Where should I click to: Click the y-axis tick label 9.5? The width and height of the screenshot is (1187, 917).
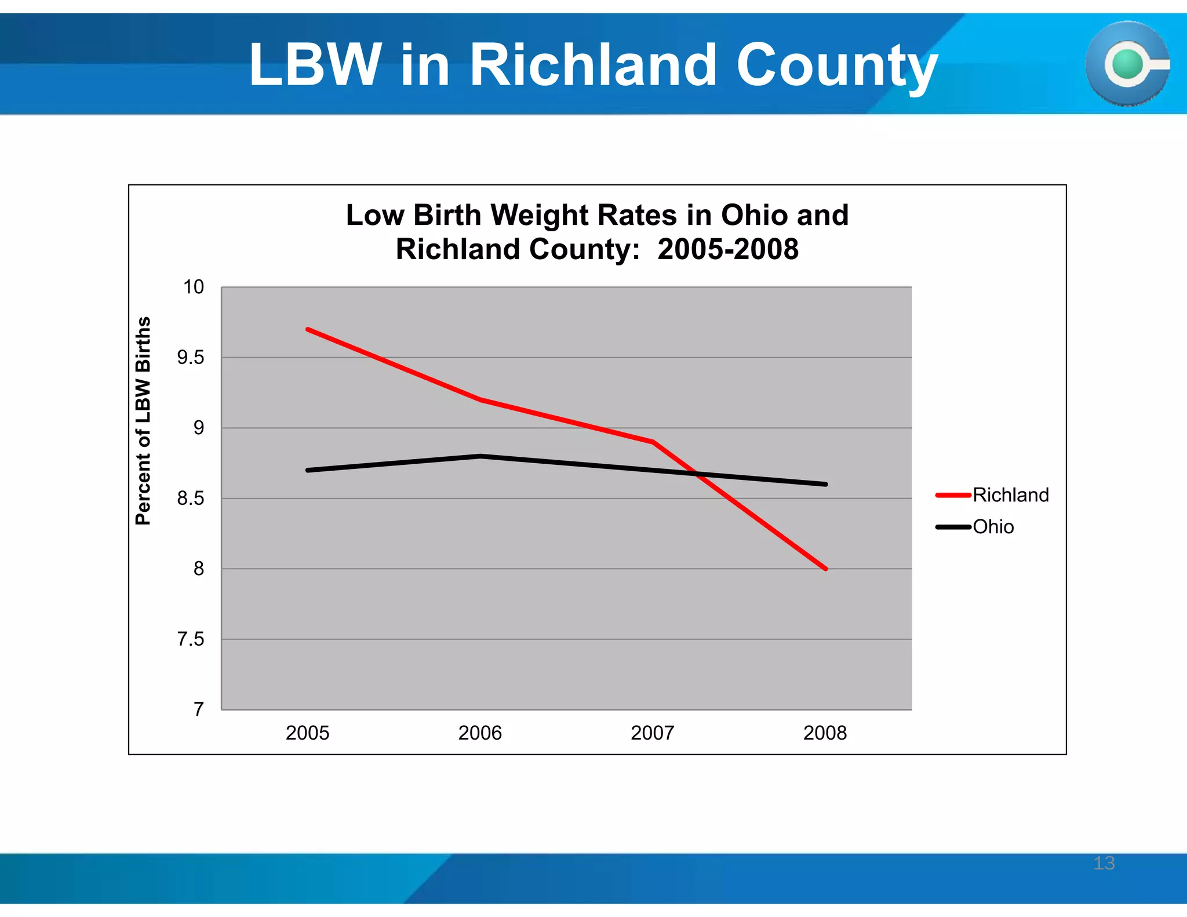click(x=191, y=358)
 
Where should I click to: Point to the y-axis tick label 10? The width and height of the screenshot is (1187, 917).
click(x=194, y=287)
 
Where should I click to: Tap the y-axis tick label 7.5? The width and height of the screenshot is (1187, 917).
click(x=191, y=639)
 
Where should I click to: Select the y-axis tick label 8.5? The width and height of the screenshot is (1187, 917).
click(x=191, y=498)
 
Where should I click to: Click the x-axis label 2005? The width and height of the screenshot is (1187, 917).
click(x=307, y=733)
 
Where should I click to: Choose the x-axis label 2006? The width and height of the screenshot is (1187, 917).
click(x=480, y=733)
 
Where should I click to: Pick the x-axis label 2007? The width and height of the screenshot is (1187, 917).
click(x=653, y=733)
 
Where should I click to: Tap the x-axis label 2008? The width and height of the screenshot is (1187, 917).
click(x=825, y=733)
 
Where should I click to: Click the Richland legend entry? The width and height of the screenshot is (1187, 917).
click(x=1010, y=495)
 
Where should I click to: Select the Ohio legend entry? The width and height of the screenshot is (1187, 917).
click(x=992, y=527)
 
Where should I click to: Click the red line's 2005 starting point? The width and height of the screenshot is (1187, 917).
click(x=308, y=329)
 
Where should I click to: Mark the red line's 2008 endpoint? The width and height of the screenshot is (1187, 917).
click(x=825, y=569)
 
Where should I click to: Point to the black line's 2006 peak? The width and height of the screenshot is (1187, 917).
click(x=480, y=456)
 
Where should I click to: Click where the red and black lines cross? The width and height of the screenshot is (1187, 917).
click(x=697, y=474)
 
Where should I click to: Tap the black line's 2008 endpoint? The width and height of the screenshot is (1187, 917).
click(x=825, y=484)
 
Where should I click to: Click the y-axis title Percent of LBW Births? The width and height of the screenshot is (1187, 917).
click(x=143, y=421)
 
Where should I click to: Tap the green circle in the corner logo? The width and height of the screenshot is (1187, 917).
click(x=1127, y=64)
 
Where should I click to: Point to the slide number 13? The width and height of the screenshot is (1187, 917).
click(x=1104, y=863)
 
